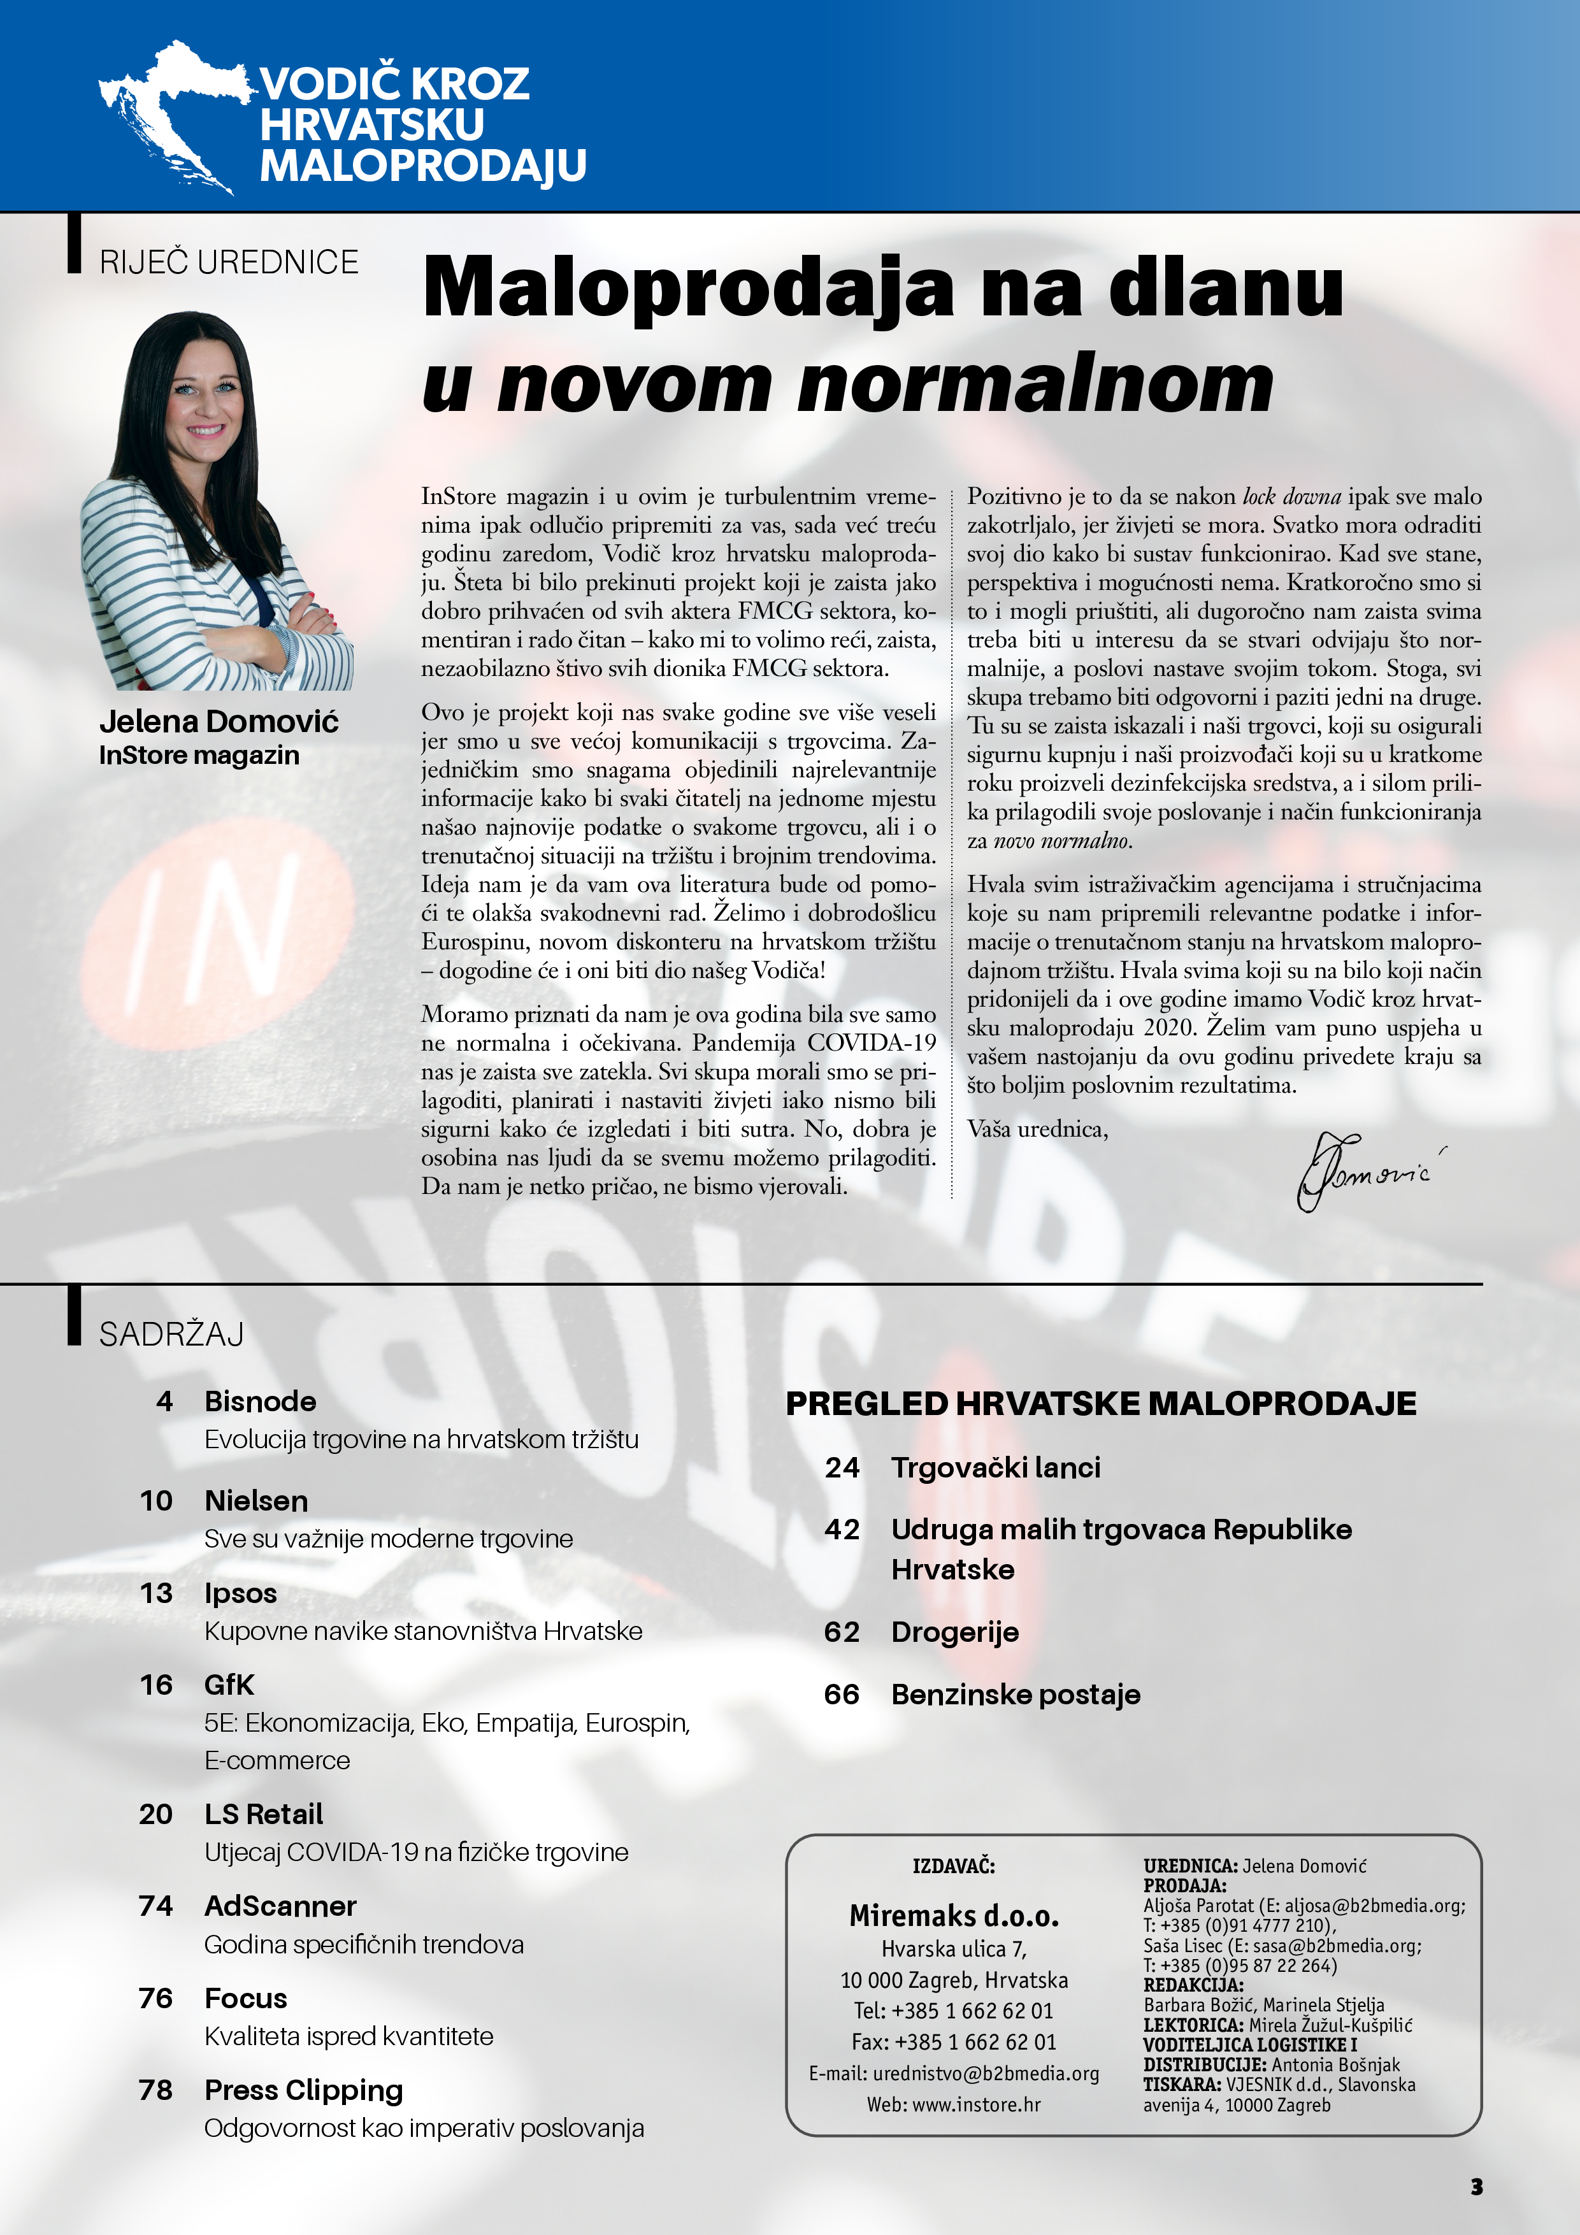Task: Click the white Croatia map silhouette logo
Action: (170, 112)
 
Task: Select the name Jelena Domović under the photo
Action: (219, 721)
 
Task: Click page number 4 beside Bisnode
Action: (164, 1401)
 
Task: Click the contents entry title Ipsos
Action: (240, 1593)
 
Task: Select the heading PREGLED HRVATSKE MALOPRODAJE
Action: (1101, 1403)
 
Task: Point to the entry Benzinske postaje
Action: (1016, 1694)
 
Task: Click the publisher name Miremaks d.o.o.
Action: (954, 1916)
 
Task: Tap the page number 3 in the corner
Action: (1476, 2187)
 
